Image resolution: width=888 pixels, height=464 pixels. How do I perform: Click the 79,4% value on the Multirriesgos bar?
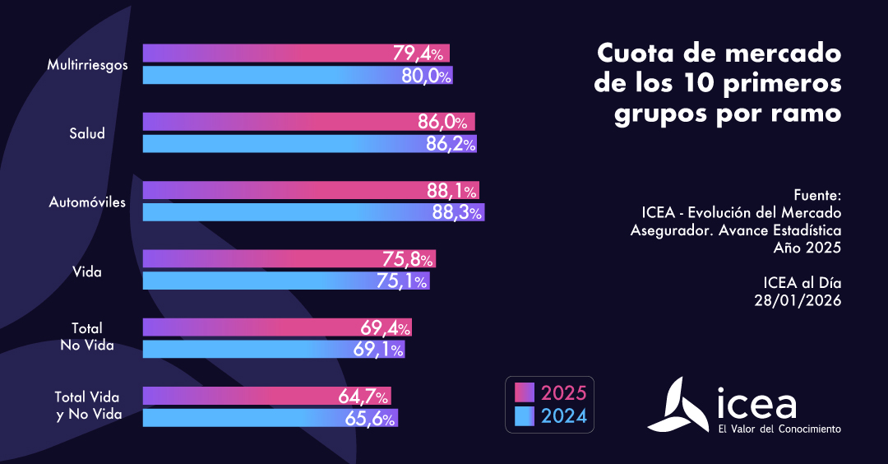[419, 54]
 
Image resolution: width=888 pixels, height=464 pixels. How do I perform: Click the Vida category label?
[86, 271]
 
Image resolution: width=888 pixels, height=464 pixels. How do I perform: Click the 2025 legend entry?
[551, 392]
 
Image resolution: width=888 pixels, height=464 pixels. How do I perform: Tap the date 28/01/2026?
[798, 300]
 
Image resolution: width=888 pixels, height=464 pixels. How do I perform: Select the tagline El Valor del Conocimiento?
[779, 429]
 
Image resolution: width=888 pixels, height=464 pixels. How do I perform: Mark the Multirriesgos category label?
[87, 64]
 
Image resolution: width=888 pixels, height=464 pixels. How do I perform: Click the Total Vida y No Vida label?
[88, 406]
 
